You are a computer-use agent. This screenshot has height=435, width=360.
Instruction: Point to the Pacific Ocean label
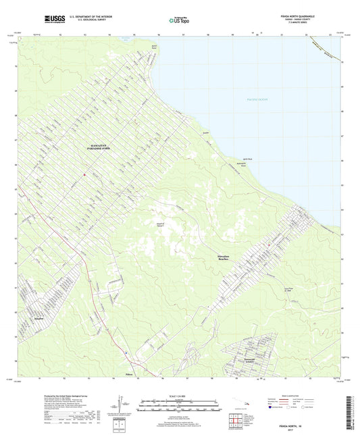[x=257, y=100]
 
